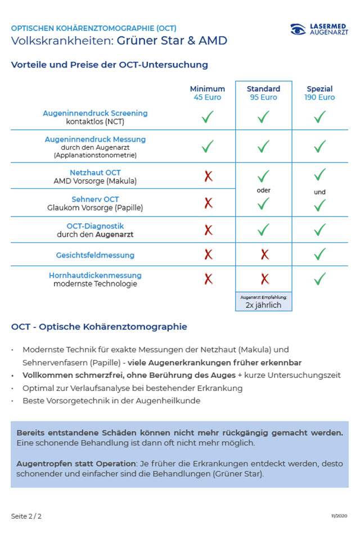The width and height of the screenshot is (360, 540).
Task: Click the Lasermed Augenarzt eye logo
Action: click(x=298, y=30)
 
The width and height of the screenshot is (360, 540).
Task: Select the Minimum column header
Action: click(x=207, y=89)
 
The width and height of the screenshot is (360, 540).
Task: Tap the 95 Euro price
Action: click(x=263, y=97)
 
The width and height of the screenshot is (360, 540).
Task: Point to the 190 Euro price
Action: click(x=320, y=97)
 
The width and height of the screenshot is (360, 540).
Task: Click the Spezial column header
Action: click(x=319, y=89)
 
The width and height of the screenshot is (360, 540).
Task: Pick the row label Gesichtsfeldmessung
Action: click(x=95, y=255)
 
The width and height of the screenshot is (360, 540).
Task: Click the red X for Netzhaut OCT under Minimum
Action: click(x=208, y=176)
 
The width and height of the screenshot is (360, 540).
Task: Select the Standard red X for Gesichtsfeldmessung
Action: click(x=264, y=255)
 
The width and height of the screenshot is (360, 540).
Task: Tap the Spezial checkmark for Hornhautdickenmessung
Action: click(x=320, y=278)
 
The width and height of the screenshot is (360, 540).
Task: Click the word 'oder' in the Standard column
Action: click(x=263, y=190)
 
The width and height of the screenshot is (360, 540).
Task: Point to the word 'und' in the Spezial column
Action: click(x=319, y=192)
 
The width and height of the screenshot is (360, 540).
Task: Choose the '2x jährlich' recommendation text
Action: click(x=263, y=305)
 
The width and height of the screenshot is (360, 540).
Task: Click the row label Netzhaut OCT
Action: click(x=95, y=173)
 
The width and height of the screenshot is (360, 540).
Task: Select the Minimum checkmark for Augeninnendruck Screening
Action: click(x=208, y=117)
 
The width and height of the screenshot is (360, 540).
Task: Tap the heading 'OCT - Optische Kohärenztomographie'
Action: click(x=99, y=327)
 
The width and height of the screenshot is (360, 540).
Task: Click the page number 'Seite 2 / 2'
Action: click(x=26, y=516)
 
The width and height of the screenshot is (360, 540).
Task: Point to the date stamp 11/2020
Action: click(x=339, y=516)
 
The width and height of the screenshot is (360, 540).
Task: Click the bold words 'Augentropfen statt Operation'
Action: click(x=76, y=463)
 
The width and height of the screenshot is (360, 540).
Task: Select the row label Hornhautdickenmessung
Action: click(x=95, y=276)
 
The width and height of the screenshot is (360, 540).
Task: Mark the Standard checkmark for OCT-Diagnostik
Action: click(x=263, y=229)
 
